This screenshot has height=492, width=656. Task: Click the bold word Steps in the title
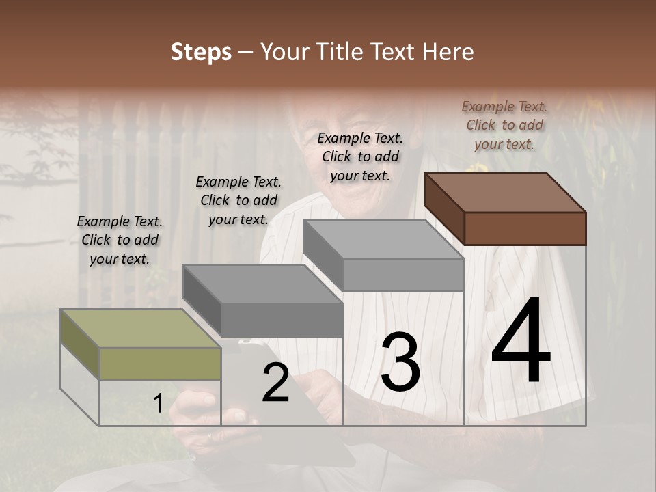201,53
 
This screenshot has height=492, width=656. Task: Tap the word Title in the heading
338,52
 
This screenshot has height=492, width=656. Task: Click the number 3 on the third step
400,362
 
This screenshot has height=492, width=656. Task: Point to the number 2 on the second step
275,383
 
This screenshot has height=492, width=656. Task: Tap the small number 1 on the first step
158,404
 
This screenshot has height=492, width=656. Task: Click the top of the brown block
505,192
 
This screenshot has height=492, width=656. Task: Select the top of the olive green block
140,328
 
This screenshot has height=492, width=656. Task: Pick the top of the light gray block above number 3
383,238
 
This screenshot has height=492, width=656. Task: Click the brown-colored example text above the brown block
504,125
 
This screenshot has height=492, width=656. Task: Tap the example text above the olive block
120,240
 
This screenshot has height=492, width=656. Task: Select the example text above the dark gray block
238,200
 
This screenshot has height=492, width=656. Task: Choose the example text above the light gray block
360,156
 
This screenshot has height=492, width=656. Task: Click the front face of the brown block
525,228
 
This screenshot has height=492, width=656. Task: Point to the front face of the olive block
160,364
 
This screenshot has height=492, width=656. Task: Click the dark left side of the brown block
444,208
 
